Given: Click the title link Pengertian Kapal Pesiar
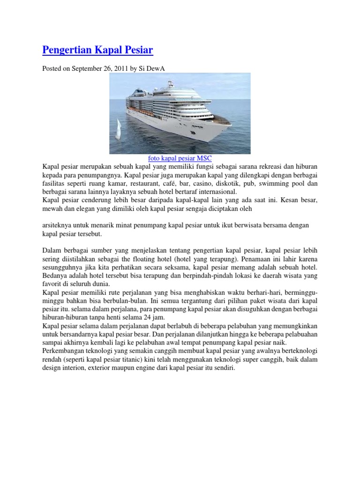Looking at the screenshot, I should (x=98, y=50).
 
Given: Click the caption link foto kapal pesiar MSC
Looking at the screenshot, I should (x=180, y=158).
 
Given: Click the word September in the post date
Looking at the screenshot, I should (x=88, y=68).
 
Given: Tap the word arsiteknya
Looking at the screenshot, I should (x=59, y=225).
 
